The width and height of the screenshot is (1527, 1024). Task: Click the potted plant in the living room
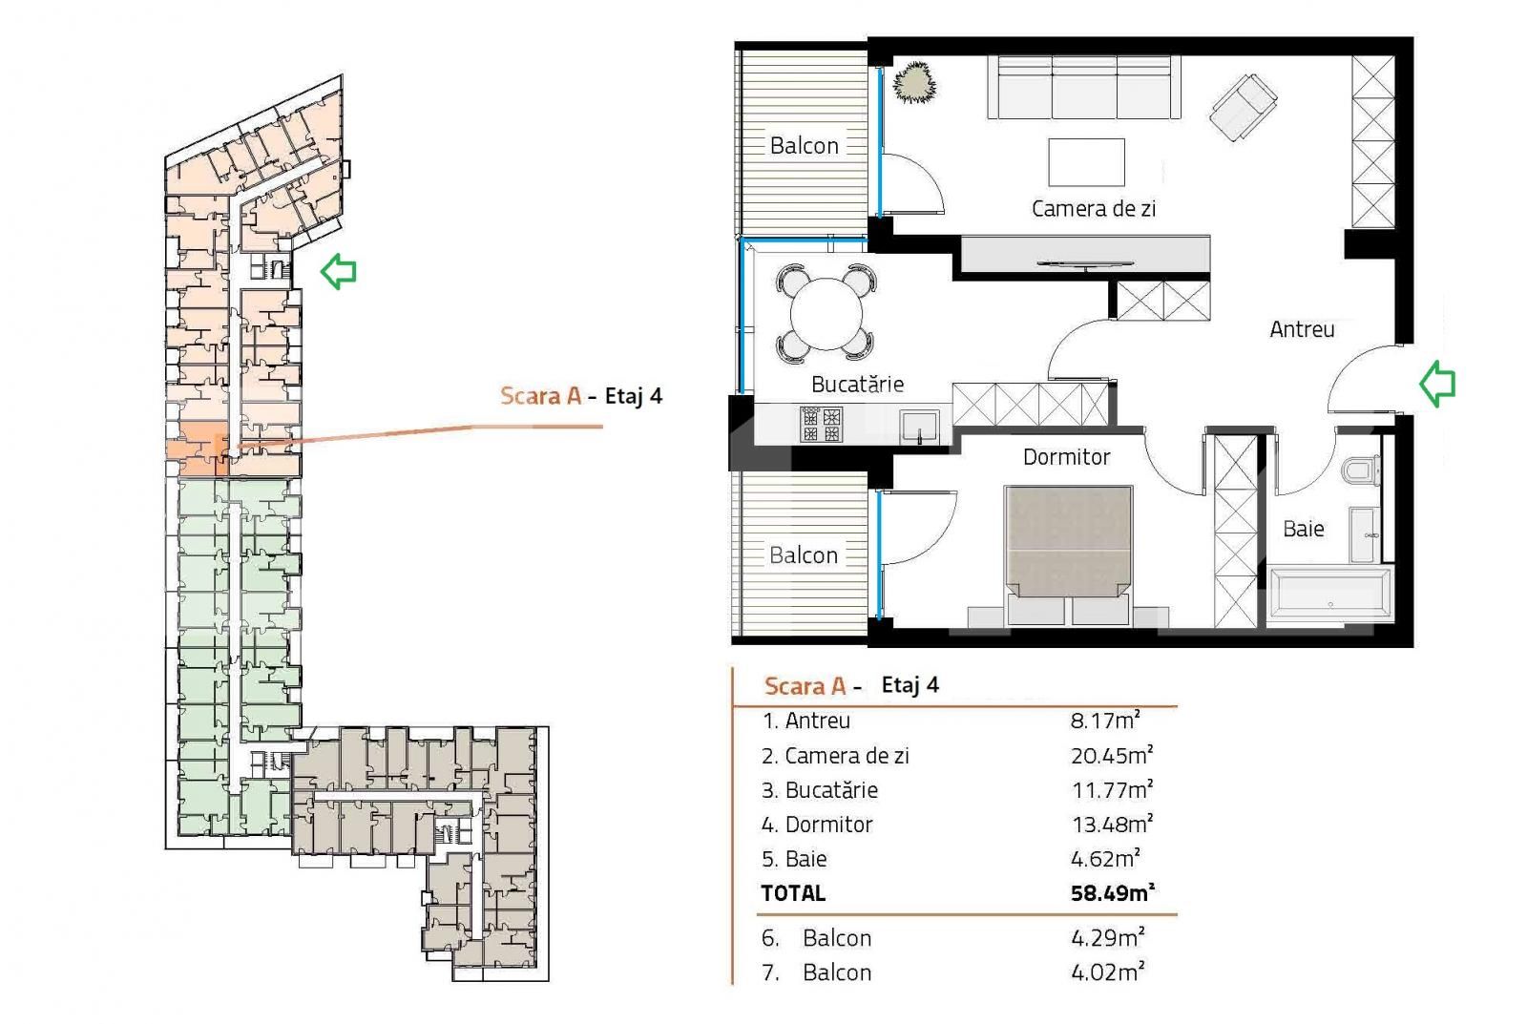click(x=914, y=82)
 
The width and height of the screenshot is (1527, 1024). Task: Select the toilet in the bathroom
click(x=1359, y=470)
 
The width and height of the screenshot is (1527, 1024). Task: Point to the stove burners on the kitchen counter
click(x=821, y=424)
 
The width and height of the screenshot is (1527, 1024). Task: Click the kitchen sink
click(x=919, y=425)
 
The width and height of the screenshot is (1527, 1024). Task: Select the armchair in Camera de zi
click(x=1243, y=105)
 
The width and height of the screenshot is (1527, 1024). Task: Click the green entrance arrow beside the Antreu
click(x=1436, y=384)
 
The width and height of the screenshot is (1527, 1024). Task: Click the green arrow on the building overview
click(x=338, y=271)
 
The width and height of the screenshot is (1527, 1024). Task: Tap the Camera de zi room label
click(x=1093, y=208)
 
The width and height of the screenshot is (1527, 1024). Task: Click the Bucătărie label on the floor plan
click(x=857, y=384)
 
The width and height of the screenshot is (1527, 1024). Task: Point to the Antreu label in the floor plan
click(x=1302, y=329)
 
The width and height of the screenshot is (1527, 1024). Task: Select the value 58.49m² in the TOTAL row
click(x=1112, y=893)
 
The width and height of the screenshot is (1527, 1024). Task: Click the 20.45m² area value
click(x=1112, y=755)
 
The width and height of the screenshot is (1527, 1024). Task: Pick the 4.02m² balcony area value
click(x=1107, y=972)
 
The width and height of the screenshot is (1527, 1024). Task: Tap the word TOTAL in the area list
click(x=793, y=893)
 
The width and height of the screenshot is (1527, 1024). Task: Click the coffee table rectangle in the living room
click(x=1086, y=162)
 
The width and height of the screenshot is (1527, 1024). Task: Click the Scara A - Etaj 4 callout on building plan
click(x=580, y=395)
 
